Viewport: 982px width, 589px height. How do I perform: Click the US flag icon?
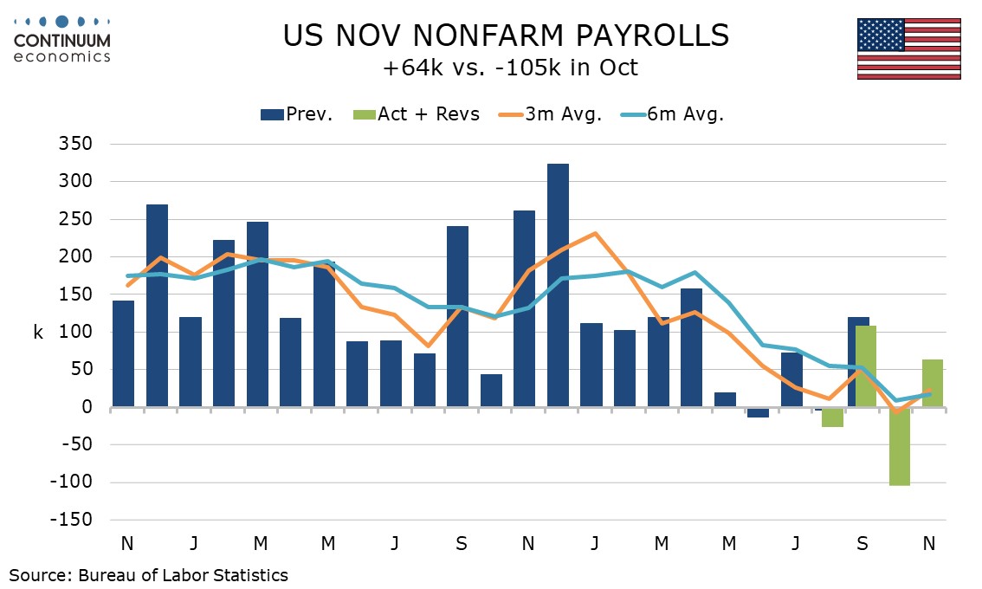point(908,49)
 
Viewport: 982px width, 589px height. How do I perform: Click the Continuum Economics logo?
point(62,39)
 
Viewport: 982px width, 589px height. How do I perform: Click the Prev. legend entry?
point(297,114)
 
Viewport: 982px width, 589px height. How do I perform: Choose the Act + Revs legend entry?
point(416,114)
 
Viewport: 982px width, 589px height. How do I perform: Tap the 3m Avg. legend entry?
point(549,114)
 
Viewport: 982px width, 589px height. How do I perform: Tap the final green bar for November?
point(932,383)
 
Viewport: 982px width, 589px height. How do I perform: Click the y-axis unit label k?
point(38,332)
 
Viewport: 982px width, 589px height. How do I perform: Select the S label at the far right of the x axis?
point(862,544)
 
